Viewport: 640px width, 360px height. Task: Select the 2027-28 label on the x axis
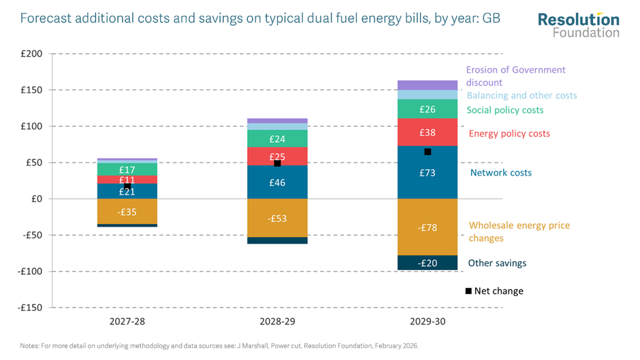coord(127,321)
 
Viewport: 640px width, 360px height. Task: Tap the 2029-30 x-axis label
coord(428,321)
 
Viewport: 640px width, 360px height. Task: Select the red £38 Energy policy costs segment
coord(428,132)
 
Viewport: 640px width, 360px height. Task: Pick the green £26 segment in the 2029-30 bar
coord(428,109)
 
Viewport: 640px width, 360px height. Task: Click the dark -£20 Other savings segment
coord(428,263)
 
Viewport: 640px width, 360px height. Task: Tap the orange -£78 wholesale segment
coord(428,227)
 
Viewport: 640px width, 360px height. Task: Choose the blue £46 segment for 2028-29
coord(277,182)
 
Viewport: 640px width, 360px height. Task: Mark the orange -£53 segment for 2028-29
coord(277,218)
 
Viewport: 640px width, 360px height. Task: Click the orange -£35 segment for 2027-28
coord(127,211)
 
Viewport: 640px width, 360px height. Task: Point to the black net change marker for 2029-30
coord(428,152)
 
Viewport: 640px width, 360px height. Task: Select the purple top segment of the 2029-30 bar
coord(428,85)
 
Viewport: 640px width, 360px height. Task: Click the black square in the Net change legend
coord(468,291)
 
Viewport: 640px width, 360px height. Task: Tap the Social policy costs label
coord(505,110)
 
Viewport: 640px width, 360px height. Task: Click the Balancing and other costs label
coord(522,96)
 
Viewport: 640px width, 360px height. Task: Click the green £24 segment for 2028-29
coord(277,139)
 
